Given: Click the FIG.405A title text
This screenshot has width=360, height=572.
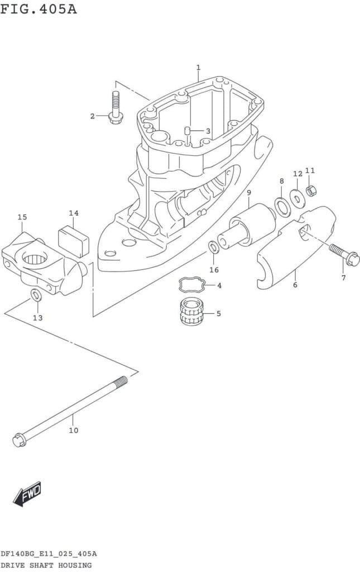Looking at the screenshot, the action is (39, 9).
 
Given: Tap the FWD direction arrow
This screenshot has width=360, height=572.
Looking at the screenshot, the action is (27, 494).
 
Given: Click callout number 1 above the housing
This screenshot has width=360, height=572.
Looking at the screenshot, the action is (198, 68).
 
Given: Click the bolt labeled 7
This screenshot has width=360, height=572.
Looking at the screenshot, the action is (344, 255).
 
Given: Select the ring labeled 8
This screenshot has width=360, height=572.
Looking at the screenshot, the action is (282, 206).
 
